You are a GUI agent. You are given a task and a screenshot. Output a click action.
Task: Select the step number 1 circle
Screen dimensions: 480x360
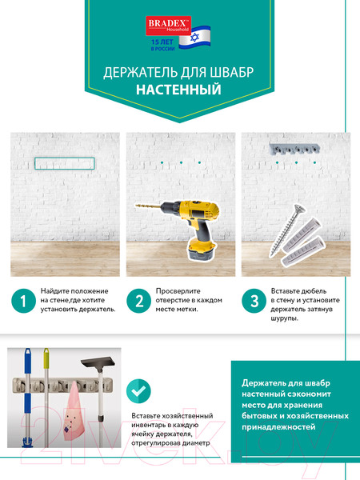23,301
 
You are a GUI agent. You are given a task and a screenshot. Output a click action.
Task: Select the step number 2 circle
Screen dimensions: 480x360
139,301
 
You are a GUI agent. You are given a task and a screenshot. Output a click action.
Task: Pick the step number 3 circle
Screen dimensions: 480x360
255,301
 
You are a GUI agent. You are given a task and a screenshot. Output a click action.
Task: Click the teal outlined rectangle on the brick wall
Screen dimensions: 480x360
65,163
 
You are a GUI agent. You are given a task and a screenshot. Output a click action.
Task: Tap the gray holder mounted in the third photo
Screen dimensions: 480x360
293,150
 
